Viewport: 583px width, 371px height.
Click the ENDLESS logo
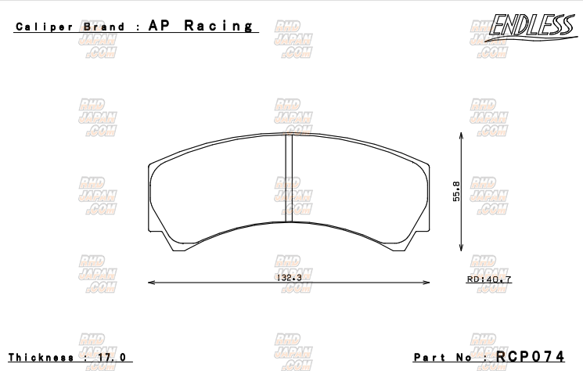coord(531,27)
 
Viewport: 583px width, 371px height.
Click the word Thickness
coord(42,357)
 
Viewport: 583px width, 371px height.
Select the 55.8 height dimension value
coord(455,192)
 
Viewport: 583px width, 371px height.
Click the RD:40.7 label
coord(489,279)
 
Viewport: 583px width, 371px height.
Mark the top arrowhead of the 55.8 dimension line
coord(461,135)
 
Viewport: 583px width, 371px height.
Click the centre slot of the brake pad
coord(287,178)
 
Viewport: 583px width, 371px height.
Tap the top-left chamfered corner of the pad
coord(153,164)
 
